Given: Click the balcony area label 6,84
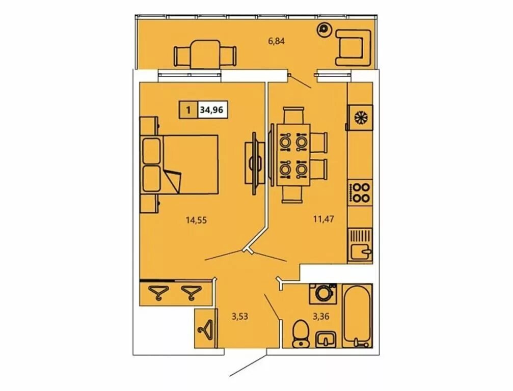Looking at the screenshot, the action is pos(277,41).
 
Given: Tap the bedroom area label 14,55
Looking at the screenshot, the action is pos(196,220).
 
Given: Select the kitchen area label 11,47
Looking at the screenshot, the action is pos(323,219).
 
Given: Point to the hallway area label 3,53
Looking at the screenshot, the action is pos(239,316).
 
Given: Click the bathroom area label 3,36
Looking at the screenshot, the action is pos(320,316).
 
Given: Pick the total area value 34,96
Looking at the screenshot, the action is pos(211,110).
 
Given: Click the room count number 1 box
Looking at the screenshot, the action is pos(188,110).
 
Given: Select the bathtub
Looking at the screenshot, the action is pos(357,316).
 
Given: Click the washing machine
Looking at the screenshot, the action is pos(323,294).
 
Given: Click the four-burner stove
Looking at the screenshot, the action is pos(360,193).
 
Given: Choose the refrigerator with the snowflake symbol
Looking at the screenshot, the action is pos(360,118).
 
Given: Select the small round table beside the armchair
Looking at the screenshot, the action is pos(324,30).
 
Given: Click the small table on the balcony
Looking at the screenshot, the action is pos(205,54).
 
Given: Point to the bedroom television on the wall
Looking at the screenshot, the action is pos(254,163).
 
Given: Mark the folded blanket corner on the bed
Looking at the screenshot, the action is pos(173,181).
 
